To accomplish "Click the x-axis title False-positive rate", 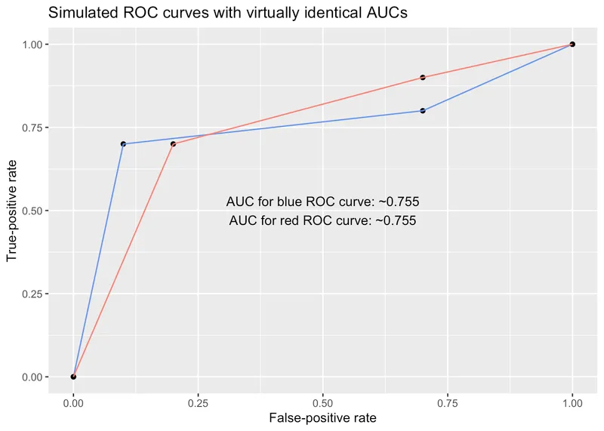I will (322, 417).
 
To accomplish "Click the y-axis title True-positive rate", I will (11, 211).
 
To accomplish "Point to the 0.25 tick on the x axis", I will (198, 403).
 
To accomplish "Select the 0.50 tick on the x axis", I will (322, 403).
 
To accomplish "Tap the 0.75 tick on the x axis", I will (448, 403).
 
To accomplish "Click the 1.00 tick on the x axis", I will (572, 403).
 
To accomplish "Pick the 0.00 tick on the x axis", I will (73, 403).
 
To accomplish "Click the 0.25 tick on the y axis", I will (32, 294).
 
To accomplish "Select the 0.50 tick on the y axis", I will (32, 211).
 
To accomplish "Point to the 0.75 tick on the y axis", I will (32, 128).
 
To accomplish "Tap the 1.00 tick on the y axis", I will (32, 45).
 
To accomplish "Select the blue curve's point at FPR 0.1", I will (123, 144).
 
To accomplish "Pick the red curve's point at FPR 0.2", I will (173, 144).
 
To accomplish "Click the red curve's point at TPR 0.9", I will (423, 78).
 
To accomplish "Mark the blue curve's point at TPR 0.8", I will (423, 111).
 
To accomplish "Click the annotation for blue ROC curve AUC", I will (322, 202).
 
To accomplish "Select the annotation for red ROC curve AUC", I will (322, 221).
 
